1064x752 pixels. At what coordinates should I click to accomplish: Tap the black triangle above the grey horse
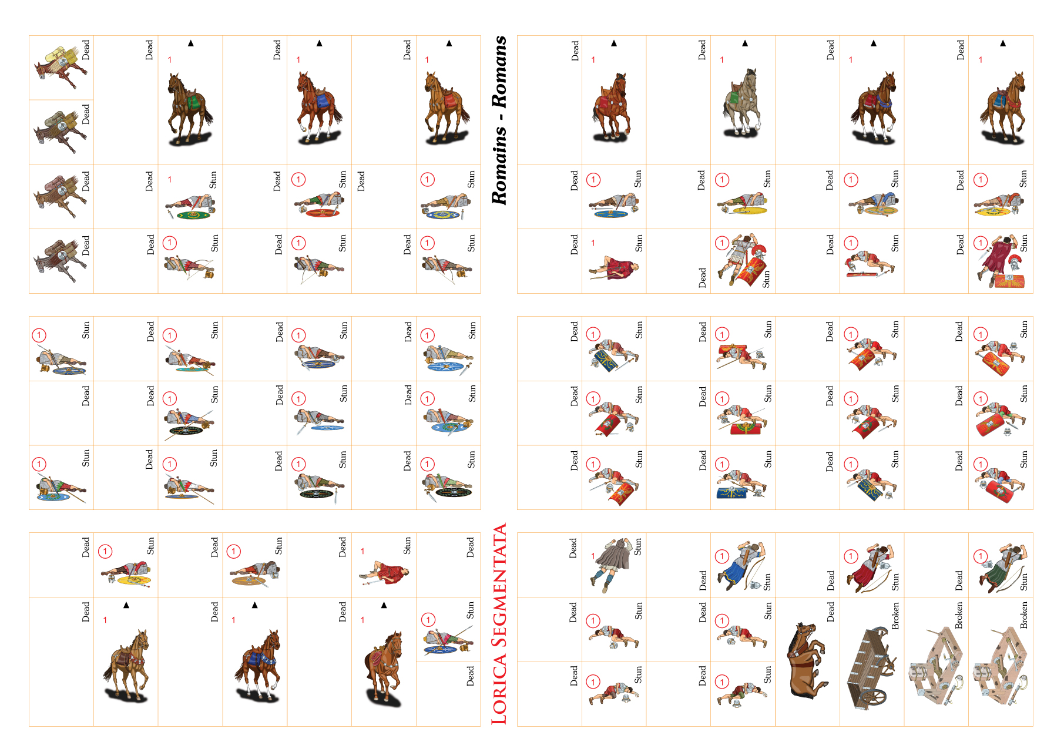click(x=744, y=43)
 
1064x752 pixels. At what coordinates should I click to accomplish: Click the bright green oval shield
click(x=194, y=215)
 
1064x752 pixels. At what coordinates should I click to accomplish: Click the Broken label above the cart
click(x=895, y=616)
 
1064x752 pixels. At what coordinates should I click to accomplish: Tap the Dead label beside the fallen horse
click(x=831, y=612)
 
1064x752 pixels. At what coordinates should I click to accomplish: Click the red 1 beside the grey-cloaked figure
click(x=593, y=556)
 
